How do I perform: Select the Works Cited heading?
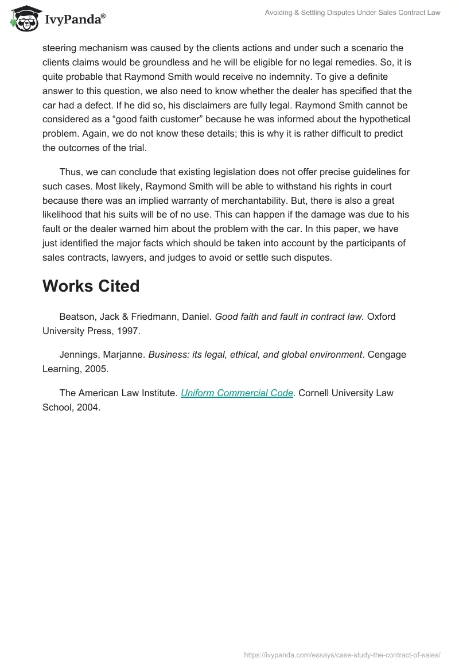click(91, 286)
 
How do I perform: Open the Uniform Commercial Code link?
click(237, 393)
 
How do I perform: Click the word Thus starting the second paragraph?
click(70, 172)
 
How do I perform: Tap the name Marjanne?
click(124, 355)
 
